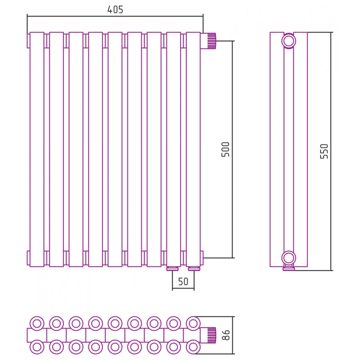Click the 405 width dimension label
115,9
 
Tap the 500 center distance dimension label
225,149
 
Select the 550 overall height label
324,151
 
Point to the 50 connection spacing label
183,282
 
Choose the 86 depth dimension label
226,335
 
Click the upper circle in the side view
288,41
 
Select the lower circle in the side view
288,258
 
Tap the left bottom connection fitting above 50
172,269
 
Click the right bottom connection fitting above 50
194,269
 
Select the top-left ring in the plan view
37,324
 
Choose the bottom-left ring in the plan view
37,347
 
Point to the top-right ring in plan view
193,324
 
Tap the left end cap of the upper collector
28,41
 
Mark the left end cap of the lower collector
28,258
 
